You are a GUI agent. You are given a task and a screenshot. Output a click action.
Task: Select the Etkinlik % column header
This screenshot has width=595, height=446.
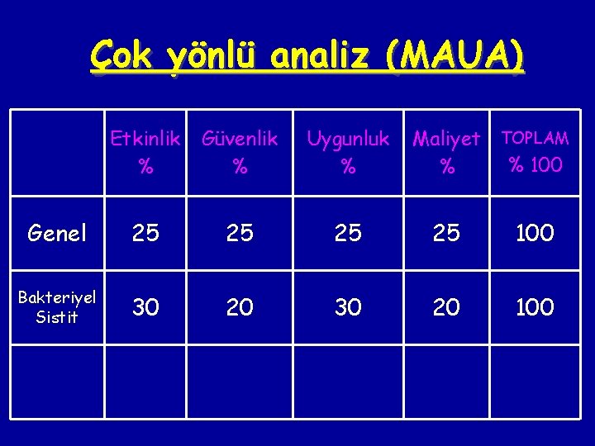click(x=145, y=153)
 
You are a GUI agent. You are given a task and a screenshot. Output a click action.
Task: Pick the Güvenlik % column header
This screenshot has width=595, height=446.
click(x=240, y=153)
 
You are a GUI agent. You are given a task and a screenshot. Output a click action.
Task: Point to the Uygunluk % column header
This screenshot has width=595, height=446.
click(x=348, y=153)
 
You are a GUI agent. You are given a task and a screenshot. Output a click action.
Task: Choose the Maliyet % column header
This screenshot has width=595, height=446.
click(x=446, y=153)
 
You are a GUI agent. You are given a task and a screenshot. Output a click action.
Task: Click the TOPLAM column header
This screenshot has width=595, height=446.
click(x=535, y=138)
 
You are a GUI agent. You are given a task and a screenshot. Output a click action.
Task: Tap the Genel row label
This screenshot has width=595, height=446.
click(x=57, y=234)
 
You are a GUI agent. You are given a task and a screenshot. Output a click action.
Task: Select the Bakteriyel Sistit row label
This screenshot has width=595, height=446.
click(x=57, y=306)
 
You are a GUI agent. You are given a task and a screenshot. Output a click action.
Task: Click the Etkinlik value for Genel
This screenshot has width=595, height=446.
click(x=145, y=234)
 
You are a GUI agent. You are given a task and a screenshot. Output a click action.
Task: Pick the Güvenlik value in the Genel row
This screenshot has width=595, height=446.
click(x=240, y=234)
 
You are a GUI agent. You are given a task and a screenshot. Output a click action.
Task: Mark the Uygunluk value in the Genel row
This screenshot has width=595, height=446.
click(x=348, y=234)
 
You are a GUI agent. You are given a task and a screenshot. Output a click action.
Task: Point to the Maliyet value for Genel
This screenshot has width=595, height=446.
click(x=446, y=234)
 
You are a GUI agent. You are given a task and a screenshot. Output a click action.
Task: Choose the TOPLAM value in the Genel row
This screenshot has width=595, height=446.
click(x=535, y=234)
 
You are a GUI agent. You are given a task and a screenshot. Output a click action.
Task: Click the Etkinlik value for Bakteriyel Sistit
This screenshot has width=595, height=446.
click(x=145, y=307)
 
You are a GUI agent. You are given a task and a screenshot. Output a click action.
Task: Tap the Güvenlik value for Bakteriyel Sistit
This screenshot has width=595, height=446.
click(x=240, y=307)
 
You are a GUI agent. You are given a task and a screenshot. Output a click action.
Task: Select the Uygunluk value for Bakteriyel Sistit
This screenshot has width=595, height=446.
click(x=348, y=307)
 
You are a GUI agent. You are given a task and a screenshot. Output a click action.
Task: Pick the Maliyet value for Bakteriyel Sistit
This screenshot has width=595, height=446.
click(x=446, y=307)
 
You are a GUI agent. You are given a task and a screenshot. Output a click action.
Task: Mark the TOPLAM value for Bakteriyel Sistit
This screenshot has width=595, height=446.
click(x=535, y=307)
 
